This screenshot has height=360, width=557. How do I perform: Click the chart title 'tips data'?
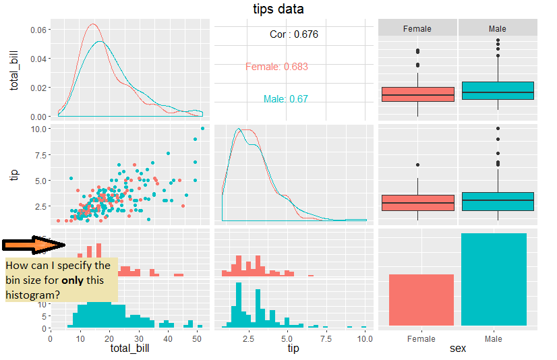(x=278, y=9)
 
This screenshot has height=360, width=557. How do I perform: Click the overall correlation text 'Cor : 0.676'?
(x=293, y=34)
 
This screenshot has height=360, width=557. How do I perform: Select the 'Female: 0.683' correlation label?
(x=276, y=67)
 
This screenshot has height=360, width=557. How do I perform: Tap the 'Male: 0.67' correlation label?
(x=285, y=99)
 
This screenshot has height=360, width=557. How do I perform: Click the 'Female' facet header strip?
(x=417, y=28)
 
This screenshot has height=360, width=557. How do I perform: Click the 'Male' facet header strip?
(x=498, y=28)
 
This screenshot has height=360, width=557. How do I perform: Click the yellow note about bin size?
(x=61, y=280)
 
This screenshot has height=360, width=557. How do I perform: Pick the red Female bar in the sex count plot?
(x=417, y=300)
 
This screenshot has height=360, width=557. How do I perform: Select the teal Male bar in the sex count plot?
(x=498, y=279)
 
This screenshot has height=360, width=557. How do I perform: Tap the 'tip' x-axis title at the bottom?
(x=293, y=349)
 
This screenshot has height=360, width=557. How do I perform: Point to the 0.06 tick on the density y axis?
(x=38, y=30)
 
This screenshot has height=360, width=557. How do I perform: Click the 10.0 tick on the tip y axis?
(x=38, y=128)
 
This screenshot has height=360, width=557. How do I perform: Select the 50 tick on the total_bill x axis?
(x=196, y=339)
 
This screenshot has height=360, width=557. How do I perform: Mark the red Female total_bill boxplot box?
(x=417, y=94)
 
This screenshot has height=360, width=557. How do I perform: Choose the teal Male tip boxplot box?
(x=498, y=202)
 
